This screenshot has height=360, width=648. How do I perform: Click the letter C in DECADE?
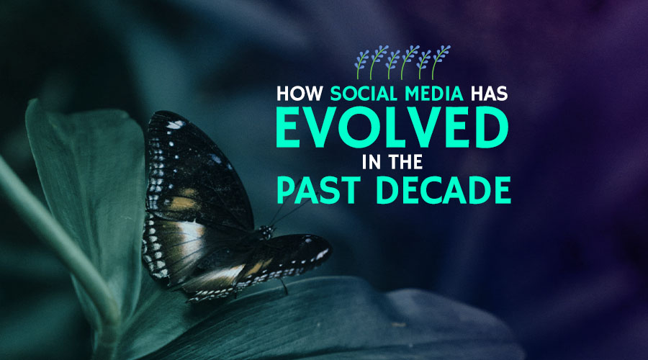pos(426,192)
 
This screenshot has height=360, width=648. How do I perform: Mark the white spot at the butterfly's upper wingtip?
pos(175,124)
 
